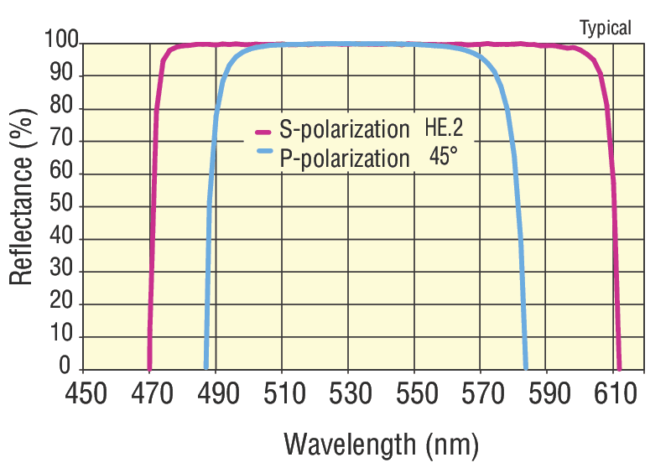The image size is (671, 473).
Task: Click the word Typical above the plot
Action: click(606, 28)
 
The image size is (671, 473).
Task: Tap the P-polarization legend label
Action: click(344, 158)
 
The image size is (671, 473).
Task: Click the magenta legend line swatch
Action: click(263, 132)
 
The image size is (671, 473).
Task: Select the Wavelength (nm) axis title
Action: click(381, 442)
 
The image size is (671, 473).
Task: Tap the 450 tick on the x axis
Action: click(86, 392)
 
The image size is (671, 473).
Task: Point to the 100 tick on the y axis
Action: click(61, 41)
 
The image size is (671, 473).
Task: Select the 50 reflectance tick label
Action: click(67, 206)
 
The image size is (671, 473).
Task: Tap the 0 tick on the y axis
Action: click(73, 368)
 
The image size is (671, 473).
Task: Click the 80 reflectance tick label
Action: click(67, 108)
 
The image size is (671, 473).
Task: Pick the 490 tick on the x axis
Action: click(217, 392)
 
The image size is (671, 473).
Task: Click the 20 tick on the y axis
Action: click(67, 304)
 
